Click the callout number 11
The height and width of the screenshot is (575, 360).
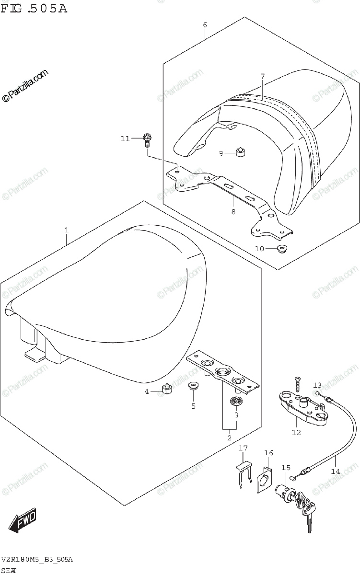pos(125,138)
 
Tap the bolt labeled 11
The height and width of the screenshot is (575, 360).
pos(147,140)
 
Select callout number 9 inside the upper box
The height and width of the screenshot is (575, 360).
pos(221,153)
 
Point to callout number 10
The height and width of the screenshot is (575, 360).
pos(259,248)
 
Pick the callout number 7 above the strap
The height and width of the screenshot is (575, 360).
pos(262,76)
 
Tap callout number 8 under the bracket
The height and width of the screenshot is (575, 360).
pos(233,212)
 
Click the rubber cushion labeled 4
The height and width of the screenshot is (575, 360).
pos(167,389)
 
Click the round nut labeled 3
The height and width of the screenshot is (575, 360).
pos(235,401)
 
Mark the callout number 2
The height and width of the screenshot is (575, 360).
pos(229,437)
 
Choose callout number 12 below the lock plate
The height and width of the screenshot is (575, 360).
pos(296,432)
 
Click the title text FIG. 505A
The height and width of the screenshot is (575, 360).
pos(34,8)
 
